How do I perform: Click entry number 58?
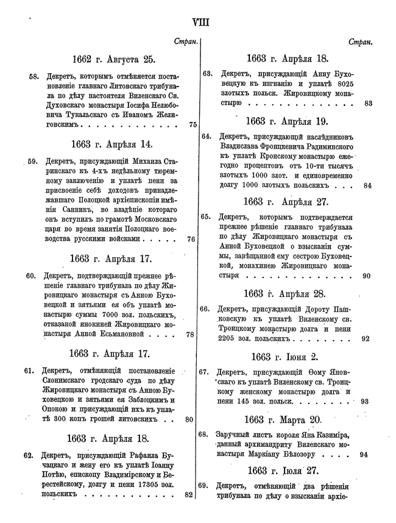pyautogui.click(x=34, y=77)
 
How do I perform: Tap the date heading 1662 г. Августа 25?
pyautogui.click(x=113, y=59)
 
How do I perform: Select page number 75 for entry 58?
pyautogui.click(x=193, y=124)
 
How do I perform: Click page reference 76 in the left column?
pyautogui.click(x=191, y=240)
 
